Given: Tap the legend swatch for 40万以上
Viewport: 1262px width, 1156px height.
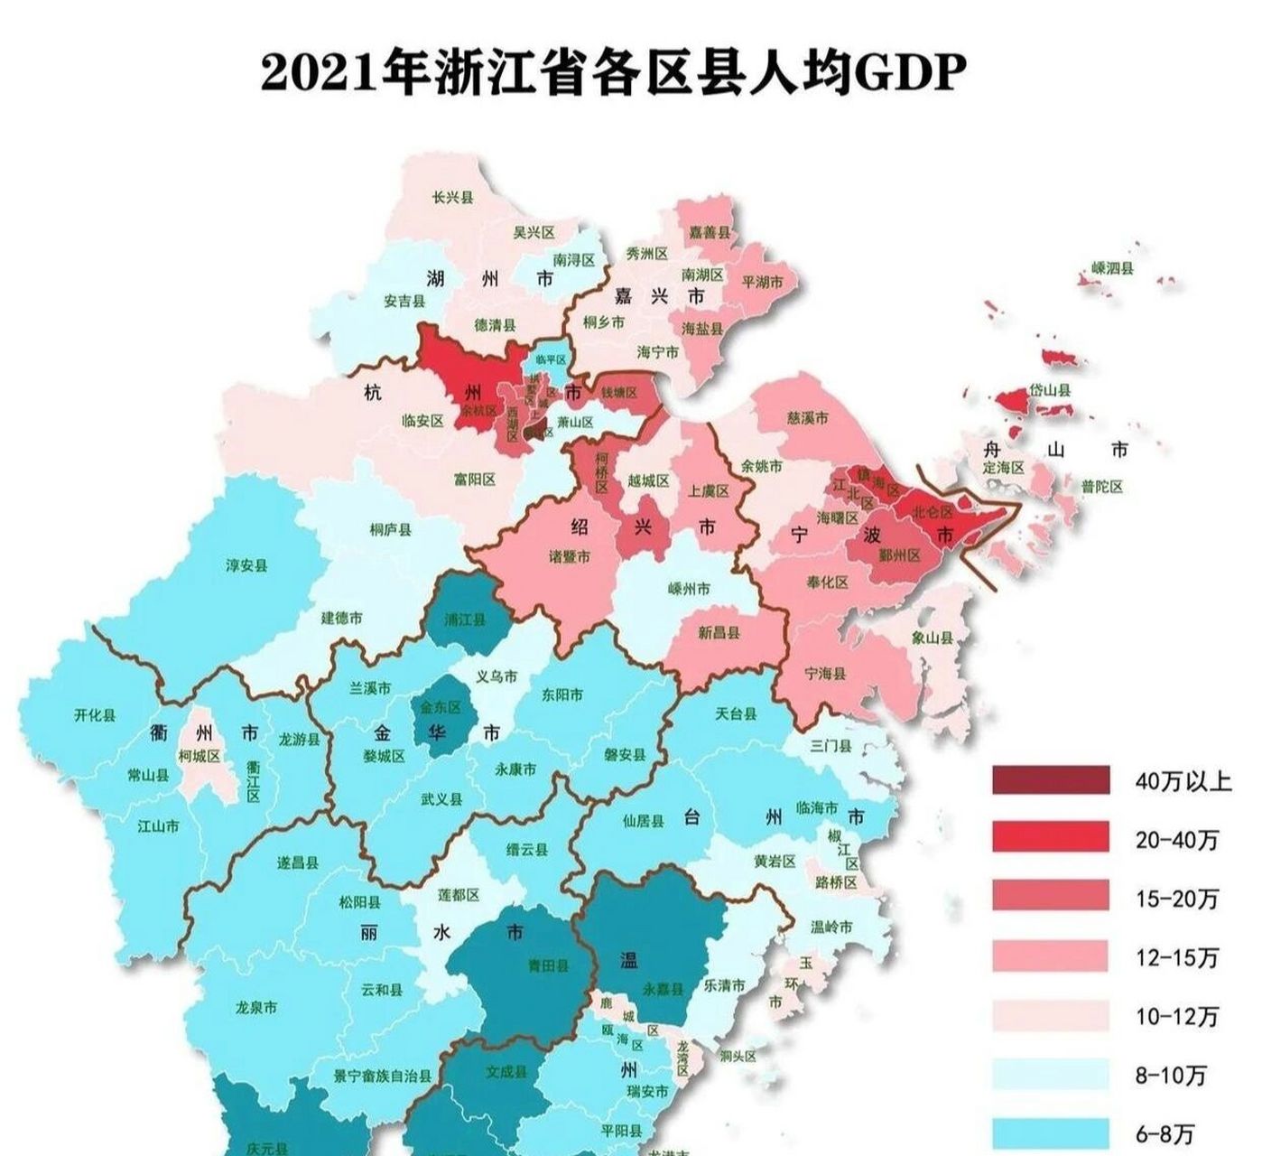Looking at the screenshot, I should [x=1050, y=780].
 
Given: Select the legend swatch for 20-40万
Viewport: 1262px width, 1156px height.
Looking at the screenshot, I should [x=1050, y=838].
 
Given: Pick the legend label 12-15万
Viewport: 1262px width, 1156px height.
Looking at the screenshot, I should [x=1177, y=957].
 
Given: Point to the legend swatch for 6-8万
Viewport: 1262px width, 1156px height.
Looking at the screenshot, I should [x=1050, y=1133].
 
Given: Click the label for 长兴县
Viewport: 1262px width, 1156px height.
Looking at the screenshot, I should [x=452, y=198].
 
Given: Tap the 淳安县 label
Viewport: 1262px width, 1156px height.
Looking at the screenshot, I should [x=246, y=566].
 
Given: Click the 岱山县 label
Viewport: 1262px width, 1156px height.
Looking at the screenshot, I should [x=1051, y=391].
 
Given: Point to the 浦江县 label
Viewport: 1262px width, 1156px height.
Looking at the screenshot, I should [x=466, y=620].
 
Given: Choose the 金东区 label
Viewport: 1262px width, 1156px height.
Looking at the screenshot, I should [x=440, y=707].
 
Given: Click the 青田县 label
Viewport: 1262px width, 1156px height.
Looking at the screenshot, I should [x=548, y=965].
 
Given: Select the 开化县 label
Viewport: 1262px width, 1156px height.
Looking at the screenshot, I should [x=95, y=715].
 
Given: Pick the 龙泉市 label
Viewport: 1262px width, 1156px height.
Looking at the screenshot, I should [x=255, y=1007].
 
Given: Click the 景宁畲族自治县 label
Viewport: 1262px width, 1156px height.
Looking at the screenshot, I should [x=384, y=1077].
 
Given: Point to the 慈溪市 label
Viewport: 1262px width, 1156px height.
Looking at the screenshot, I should [x=807, y=419].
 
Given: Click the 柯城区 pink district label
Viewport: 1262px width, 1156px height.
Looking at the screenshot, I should [x=200, y=756].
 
